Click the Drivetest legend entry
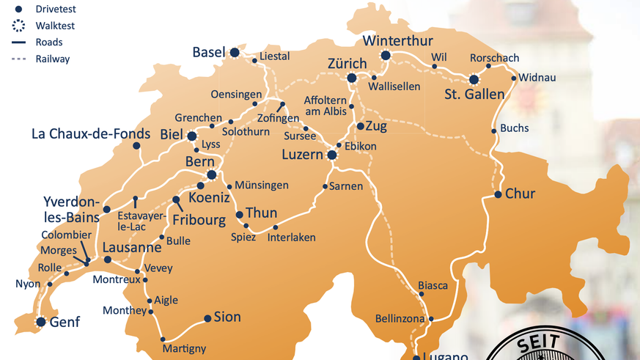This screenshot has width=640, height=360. click(x=55, y=10)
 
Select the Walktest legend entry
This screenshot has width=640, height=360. click(x=55, y=26)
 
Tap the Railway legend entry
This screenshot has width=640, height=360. click(x=52, y=59)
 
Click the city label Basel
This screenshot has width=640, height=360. click(x=208, y=52)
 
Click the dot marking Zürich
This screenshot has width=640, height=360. click(x=352, y=78)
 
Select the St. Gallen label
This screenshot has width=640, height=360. click(x=474, y=94)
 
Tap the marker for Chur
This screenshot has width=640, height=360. click(x=498, y=194)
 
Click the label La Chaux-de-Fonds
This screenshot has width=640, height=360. click(x=85, y=134)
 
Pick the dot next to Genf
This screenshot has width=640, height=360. click(x=41, y=322)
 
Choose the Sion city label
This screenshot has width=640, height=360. click(x=227, y=317)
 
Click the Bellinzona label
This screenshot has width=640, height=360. click(x=400, y=319)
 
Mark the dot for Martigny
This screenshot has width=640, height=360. click(x=163, y=339)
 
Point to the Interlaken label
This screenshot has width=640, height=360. click(x=291, y=238)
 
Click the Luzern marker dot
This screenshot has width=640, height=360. click(x=332, y=155)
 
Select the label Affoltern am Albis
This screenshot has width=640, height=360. click(x=325, y=106)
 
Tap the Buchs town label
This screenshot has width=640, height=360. click(x=514, y=128)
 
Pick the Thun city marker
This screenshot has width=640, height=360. click(x=240, y=215)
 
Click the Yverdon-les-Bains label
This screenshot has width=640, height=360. click(x=71, y=208)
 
